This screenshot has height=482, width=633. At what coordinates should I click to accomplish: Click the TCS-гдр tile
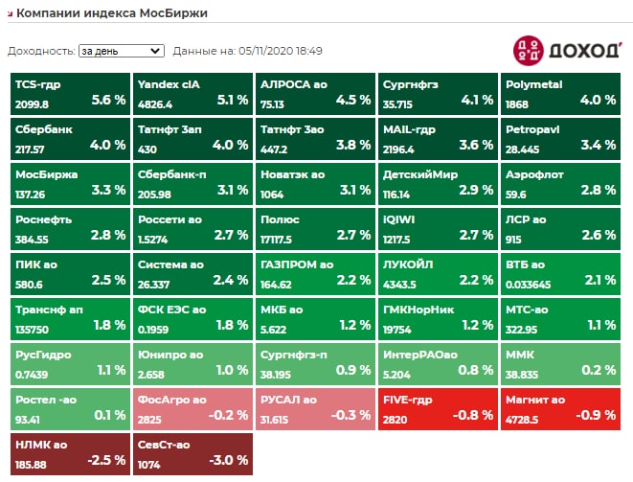pos(70,93)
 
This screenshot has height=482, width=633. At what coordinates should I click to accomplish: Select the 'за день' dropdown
pos(122,51)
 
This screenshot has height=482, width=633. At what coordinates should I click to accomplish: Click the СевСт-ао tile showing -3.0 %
pos(192,453)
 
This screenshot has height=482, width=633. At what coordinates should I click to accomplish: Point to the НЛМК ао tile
pos(70,453)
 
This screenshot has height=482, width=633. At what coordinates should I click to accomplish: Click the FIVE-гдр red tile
pos(438,408)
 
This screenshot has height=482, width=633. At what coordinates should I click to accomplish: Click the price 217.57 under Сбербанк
pos(32,149)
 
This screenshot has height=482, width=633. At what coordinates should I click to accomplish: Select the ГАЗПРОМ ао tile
pos(315,273)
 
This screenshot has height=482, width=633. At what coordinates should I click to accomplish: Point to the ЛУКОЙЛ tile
pos(438,273)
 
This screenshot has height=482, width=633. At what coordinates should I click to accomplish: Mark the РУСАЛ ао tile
pos(315,408)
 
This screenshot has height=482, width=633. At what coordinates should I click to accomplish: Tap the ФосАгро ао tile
pos(192,408)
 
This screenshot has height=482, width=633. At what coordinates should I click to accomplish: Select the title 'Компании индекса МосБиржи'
pos(112,13)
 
